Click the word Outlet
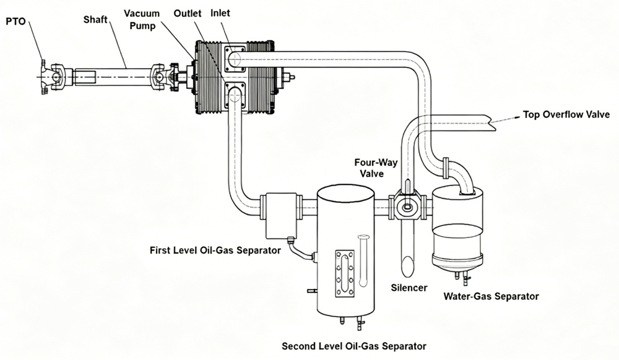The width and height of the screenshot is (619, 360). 188,13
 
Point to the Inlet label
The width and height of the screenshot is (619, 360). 220,13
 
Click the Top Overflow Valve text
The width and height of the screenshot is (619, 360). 566,114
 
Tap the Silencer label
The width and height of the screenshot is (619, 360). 409,288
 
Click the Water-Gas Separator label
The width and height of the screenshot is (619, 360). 491,296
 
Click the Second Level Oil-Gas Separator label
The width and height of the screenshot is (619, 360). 354,345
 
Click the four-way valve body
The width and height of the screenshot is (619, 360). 407,207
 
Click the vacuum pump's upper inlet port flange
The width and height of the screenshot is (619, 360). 236,59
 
